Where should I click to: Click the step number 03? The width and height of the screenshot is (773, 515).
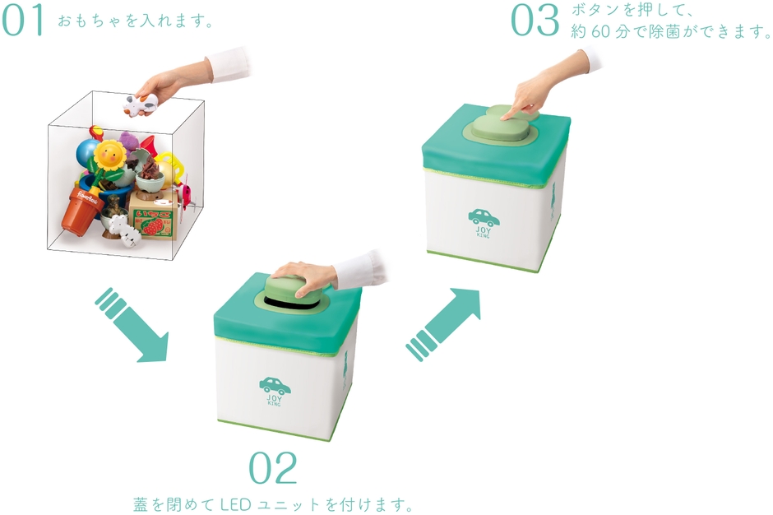pyautogui.click(x=535, y=21)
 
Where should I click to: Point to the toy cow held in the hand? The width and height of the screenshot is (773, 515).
pyautogui.click(x=141, y=104)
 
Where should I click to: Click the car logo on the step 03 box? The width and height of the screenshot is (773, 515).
pyautogui.click(x=484, y=217)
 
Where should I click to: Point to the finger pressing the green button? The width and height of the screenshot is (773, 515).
pyautogui.click(x=508, y=114)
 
